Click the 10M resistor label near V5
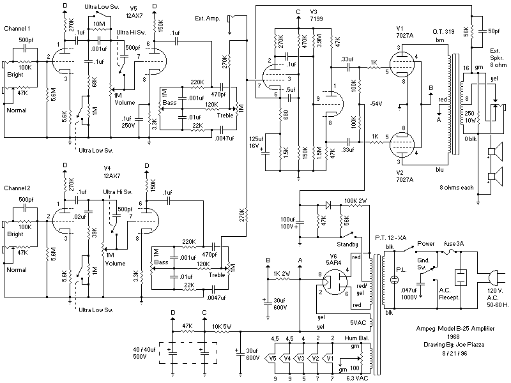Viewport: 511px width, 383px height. [99, 24]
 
